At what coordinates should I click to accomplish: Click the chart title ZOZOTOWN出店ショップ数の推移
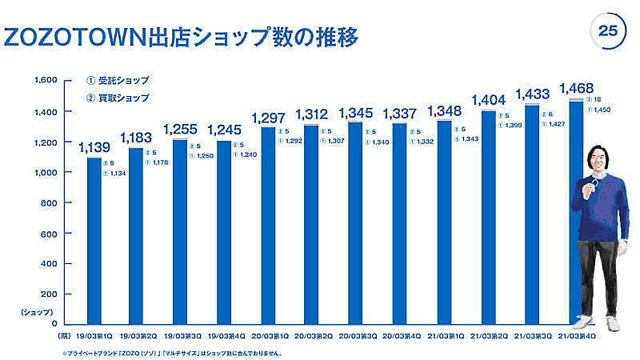[x=180, y=36]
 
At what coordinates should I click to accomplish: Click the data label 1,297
[x=268, y=118]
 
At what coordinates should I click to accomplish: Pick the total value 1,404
[x=487, y=100]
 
